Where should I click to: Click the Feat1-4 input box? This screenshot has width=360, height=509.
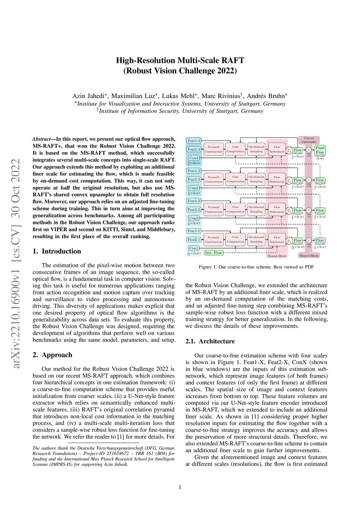point(194,141)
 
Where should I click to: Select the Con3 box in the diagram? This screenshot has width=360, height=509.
point(194,188)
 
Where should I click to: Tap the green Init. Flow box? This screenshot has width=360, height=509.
point(213,253)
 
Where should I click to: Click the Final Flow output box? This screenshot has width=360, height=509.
point(320,150)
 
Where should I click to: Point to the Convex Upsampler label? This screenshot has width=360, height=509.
point(309,140)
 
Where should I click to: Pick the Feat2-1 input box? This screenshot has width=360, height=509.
point(194,240)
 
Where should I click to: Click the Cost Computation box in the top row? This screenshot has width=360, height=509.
point(235,149)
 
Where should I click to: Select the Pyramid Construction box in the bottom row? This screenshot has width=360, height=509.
point(213,240)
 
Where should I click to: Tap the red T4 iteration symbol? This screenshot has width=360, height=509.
point(289,150)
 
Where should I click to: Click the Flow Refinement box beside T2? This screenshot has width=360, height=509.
point(277,210)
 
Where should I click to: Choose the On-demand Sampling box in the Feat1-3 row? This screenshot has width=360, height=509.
point(256,179)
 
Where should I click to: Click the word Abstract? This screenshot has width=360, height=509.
point(41,139)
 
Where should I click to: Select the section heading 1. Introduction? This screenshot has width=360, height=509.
point(57,251)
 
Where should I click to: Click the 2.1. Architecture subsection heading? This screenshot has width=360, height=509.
point(210,341)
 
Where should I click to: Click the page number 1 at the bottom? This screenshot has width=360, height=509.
point(180,487)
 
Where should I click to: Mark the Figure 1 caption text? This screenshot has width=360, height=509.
point(256,267)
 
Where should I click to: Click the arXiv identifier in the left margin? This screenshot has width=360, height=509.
point(16,264)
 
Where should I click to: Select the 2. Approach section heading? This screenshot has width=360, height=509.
point(52,355)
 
